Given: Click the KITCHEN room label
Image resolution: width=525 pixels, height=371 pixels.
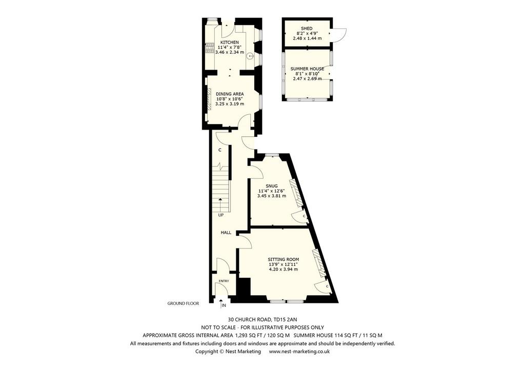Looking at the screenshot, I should (x=229, y=42).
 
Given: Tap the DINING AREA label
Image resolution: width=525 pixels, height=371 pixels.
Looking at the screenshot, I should (x=229, y=94).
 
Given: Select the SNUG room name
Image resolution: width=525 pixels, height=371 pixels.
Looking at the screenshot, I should (x=272, y=186).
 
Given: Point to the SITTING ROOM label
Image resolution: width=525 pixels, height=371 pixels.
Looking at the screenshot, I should (x=283, y=259).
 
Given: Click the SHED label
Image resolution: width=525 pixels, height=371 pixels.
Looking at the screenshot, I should (x=307, y=28).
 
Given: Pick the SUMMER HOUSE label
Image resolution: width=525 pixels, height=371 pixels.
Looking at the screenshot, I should (x=307, y=68).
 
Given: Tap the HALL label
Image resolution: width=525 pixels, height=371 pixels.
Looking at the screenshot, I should (x=226, y=233).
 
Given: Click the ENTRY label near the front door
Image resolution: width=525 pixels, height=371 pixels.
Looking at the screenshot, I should (x=224, y=281).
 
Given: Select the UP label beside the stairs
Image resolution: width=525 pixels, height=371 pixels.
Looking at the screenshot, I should (x=221, y=215).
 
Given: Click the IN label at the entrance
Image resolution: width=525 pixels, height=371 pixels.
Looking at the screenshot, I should (x=224, y=306).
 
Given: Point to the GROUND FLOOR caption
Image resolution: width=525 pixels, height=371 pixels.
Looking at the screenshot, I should (x=183, y=303).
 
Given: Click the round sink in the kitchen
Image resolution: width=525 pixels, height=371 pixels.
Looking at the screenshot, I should (x=250, y=56).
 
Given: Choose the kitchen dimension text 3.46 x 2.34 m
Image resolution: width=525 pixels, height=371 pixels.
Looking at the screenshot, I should (x=229, y=52).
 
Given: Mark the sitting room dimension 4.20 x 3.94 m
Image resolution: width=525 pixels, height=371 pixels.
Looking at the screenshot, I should (x=283, y=269).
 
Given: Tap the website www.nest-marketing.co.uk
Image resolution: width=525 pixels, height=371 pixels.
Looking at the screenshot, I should (x=299, y=352).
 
